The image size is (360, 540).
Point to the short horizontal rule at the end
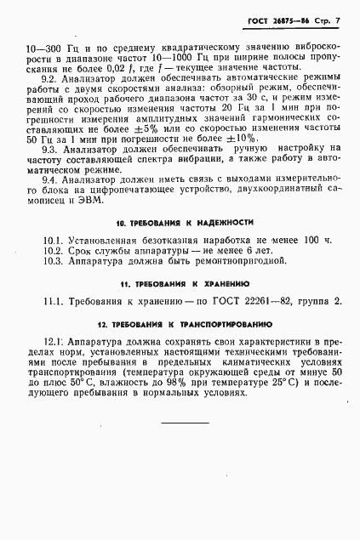tap(185, 423)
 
